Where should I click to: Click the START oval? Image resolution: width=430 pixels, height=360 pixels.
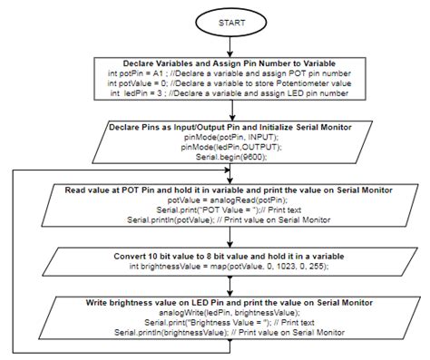pos(231,23)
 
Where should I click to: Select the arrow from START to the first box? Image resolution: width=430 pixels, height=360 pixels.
pos(230,47)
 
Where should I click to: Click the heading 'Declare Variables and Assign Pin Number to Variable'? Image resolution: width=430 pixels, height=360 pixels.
pos(230,63)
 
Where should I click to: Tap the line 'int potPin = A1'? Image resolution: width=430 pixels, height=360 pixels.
pos(230,73)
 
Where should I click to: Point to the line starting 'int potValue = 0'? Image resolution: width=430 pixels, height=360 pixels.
pos(230,83)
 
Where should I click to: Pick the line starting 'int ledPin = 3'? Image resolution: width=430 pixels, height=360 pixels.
pos(230,93)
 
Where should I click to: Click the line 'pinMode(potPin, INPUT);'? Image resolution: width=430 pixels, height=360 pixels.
pos(231,137)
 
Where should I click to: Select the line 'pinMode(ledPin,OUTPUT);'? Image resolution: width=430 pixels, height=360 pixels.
pos(231,147)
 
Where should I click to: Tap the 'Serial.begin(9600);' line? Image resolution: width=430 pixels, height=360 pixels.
pos(231,157)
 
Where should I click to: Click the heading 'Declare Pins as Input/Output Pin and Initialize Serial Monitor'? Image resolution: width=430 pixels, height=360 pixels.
pos(230,127)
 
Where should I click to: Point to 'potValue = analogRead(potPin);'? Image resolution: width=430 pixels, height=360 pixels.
pos(228,200)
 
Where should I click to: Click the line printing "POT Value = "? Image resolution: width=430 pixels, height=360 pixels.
pos(229,210)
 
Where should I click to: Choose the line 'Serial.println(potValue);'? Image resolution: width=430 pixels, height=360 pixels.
pos(229,220)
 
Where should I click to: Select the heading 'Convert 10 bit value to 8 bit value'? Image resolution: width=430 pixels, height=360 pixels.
pos(229,257)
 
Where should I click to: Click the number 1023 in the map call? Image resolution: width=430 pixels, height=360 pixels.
pos(285,267)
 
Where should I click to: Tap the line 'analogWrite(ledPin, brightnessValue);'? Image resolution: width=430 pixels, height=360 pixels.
pos(230,313)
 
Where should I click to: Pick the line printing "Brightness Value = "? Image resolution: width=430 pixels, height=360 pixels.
pos(230,323)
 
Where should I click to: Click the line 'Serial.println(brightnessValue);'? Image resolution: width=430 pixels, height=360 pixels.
pos(230,333)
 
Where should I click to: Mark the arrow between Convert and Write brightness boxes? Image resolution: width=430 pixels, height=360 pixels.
pos(230,287)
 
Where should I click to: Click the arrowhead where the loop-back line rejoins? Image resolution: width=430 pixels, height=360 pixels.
pos(228,170)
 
